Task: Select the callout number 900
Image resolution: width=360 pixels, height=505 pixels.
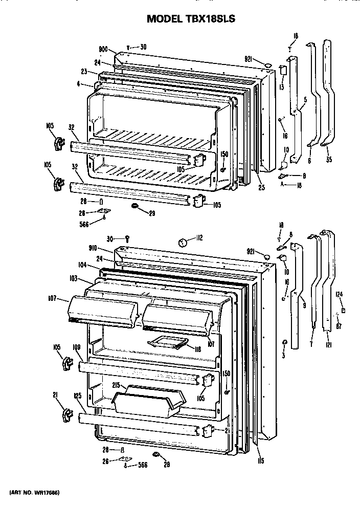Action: [103, 50]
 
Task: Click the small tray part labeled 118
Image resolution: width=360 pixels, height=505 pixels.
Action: [166, 344]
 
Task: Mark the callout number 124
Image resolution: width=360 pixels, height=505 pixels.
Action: [339, 294]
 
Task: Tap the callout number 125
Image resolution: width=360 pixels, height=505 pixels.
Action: [78, 396]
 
